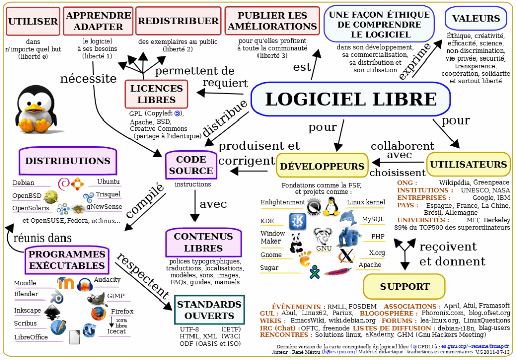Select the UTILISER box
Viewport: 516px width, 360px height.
[x=33, y=21]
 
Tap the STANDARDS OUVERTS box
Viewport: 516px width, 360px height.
[x=209, y=310]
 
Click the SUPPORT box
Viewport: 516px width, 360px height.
[x=405, y=286]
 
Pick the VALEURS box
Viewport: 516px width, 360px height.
[x=476, y=19]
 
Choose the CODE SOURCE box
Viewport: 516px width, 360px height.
[x=191, y=165]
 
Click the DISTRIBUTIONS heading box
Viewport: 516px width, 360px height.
[x=68, y=161]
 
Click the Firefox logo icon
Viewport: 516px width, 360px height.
[x=97, y=313]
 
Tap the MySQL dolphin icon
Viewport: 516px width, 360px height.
[x=348, y=218]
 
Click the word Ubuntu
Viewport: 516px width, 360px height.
[x=108, y=182]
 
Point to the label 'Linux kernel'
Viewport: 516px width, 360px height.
[x=366, y=202]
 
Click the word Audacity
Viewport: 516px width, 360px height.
[x=107, y=280]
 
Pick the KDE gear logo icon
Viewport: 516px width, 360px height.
[x=297, y=221]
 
